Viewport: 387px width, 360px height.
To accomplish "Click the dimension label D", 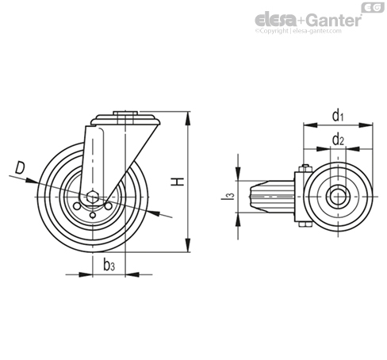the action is pyautogui.click(x=20, y=168).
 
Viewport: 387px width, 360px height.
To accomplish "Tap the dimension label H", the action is pyautogui.click(x=178, y=182).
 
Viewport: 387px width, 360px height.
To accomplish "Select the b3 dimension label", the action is pyautogui.click(x=109, y=265).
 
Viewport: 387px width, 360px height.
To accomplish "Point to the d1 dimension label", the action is pyautogui.click(x=338, y=116).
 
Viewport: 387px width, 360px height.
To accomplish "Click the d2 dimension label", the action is pyautogui.click(x=338, y=140).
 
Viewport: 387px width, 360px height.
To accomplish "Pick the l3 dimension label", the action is pyautogui.click(x=228, y=196).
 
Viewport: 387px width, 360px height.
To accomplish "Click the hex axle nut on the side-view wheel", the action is pyautogui.click(x=93, y=197).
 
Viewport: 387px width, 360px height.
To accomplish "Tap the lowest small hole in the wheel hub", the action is pyautogui.click(x=93, y=216).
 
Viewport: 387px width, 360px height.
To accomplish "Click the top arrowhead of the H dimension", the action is pyautogui.click(x=188, y=118).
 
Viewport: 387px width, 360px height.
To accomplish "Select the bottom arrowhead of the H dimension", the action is pyautogui.click(x=188, y=245).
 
